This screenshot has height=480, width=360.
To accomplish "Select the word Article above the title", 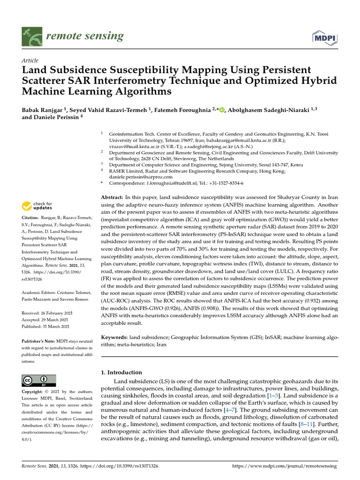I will [x=30, y=61].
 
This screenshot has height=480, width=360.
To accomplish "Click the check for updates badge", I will [x=37, y=205].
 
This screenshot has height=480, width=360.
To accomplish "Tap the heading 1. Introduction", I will [x=121, y=372].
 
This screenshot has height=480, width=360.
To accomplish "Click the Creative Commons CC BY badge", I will [x=39, y=380].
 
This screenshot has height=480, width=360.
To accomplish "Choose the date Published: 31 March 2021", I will [x=45, y=326].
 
